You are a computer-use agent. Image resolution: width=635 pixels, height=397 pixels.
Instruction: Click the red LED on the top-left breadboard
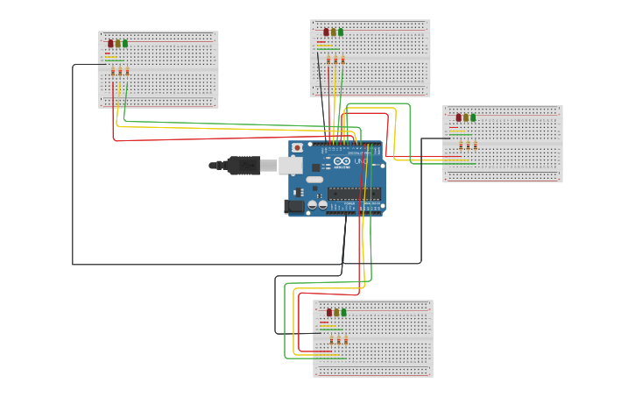pyautogui.click(x=110, y=43)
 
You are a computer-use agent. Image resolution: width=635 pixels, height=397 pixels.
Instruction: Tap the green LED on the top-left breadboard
pyautogui.click(x=125, y=43)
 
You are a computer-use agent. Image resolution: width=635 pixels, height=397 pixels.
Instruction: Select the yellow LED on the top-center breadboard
pyautogui.click(x=334, y=32)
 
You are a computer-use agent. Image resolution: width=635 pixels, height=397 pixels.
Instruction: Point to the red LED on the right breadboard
pyautogui.click(x=458, y=117)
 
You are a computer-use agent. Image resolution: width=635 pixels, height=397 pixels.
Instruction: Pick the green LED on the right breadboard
pyautogui.click(x=473, y=117)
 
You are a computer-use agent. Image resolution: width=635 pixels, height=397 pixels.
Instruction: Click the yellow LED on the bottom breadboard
pyautogui.click(x=336, y=312)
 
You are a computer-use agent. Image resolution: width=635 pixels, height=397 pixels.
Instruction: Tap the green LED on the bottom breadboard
pyautogui.click(x=343, y=312)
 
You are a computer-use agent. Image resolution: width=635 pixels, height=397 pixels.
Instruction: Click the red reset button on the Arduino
pyautogui.click(x=297, y=148)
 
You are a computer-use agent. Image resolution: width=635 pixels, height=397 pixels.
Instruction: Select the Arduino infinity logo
pyautogui.click(x=342, y=162)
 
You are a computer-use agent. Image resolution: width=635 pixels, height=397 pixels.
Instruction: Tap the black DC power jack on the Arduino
pyautogui.click(x=294, y=206)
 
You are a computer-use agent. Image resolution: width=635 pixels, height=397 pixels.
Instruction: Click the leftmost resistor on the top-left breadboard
pyautogui.click(x=112, y=72)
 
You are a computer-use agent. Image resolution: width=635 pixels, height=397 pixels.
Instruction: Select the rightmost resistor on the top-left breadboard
pyautogui.click(x=127, y=72)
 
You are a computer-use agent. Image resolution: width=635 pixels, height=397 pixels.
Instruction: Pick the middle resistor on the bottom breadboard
pyautogui.click(x=338, y=340)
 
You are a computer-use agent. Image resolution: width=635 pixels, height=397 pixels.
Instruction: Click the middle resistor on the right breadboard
pyautogui.click(x=468, y=145)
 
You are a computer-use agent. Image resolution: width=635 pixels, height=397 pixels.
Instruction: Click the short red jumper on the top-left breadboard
pyautogui.click(x=108, y=53)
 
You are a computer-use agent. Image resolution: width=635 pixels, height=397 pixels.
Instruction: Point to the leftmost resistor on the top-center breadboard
pyautogui.click(x=328, y=60)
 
